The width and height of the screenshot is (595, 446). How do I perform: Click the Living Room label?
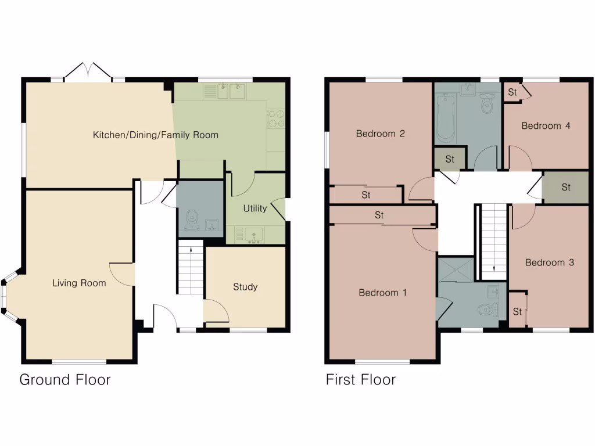click(x=79, y=283)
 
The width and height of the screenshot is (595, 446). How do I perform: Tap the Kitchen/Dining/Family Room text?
click(x=156, y=135)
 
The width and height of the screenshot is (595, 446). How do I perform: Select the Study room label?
click(x=245, y=287)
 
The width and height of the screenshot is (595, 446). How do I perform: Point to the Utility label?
click(x=255, y=208)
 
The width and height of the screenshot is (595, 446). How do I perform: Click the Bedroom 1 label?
click(x=382, y=293)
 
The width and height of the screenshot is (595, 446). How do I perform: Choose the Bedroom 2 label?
click(x=381, y=134)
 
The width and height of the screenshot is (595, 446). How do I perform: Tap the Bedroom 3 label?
click(x=550, y=262)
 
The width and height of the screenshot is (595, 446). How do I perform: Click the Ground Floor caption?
click(x=64, y=380)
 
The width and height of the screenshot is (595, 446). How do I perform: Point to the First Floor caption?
click(x=360, y=380)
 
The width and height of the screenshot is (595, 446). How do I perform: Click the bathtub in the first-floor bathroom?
click(x=446, y=120)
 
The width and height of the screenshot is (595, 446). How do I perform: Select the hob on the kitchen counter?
click(x=275, y=119)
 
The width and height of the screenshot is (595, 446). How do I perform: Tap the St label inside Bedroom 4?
click(x=512, y=92)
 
